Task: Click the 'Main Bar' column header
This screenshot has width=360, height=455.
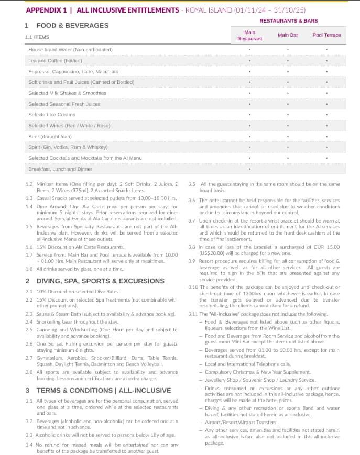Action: click(288, 35)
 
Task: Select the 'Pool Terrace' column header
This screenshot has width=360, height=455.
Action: click(326, 35)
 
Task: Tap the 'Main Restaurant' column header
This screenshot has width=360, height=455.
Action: click(249, 36)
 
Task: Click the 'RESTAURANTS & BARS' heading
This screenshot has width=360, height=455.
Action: click(288, 21)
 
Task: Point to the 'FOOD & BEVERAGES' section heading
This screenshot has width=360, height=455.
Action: click(72, 25)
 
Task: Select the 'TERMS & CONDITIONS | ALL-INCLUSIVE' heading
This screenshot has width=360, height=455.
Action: click(104, 390)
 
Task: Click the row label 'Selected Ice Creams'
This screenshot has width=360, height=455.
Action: click(52, 115)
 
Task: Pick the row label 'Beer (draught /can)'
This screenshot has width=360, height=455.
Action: click(50, 137)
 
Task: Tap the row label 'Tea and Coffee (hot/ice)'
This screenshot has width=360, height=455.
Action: click(56, 61)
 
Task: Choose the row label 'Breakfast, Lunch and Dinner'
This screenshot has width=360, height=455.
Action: click(60, 169)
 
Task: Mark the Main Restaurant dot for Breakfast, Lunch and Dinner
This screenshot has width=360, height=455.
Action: click(249, 169)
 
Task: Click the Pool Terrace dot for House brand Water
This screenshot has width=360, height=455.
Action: click(326, 50)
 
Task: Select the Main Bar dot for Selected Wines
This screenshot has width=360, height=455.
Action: click(288, 126)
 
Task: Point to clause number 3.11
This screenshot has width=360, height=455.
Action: click(193, 314)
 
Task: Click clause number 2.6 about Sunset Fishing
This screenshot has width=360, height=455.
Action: click(29, 343)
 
